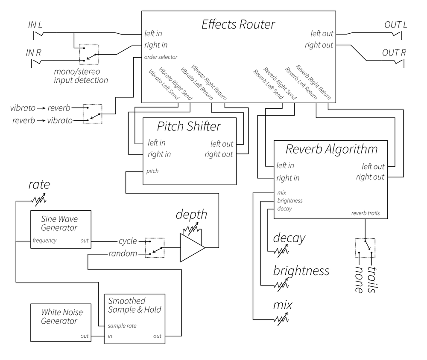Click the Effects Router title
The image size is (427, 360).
(x=238, y=24)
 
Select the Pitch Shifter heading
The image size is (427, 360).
(x=189, y=127)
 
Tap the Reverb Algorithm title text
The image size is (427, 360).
(x=331, y=149)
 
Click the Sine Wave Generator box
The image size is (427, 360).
(x=61, y=229)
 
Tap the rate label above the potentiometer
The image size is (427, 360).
(x=39, y=184)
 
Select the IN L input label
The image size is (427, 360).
(x=35, y=25)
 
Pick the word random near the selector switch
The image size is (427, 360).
(x=123, y=254)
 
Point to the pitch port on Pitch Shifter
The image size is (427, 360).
(x=152, y=171)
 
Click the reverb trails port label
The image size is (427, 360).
(x=366, y=213)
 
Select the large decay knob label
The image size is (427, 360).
(x=289, y=238)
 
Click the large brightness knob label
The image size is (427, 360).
(x=301, y=271)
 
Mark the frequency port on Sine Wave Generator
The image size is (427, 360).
(x=44, y=240)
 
